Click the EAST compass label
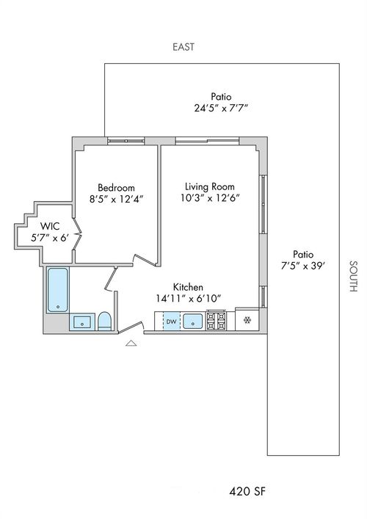(x=183, y=47)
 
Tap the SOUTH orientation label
(x=354, y=276)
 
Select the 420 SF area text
(x=247, y=491)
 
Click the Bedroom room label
(x=117, y=188)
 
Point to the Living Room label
(x=210, y=186)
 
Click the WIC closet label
(x=50, y=226)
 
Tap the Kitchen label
(x=188, y=286)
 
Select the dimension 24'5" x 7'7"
(x=221, y=108)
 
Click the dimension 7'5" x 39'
(x=303, y=266)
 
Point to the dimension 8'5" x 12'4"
(x=117, y=199)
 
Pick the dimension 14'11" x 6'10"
(x=189, y=299)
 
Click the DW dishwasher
(x=172, y=321)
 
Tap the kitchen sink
(x=192, y=321)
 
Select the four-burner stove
(x=216, y=321)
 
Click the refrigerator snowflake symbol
(x=247, y=320)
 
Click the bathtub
(x=58, y=290)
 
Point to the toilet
(x=105, y=321)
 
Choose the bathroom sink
(x=82, y=322)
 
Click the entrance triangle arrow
(x=131, y=343)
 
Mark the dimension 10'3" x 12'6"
(x=210, y=198)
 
